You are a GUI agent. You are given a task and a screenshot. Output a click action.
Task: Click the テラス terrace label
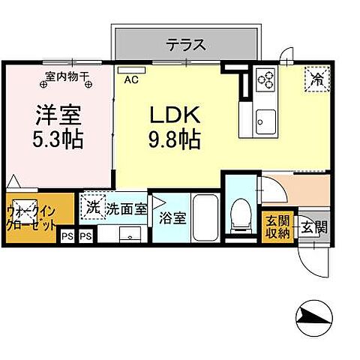point(187,44)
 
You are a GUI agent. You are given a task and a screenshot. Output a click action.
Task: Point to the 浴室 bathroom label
point(172,220)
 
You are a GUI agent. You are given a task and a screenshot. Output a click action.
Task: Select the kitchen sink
point(265,119)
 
